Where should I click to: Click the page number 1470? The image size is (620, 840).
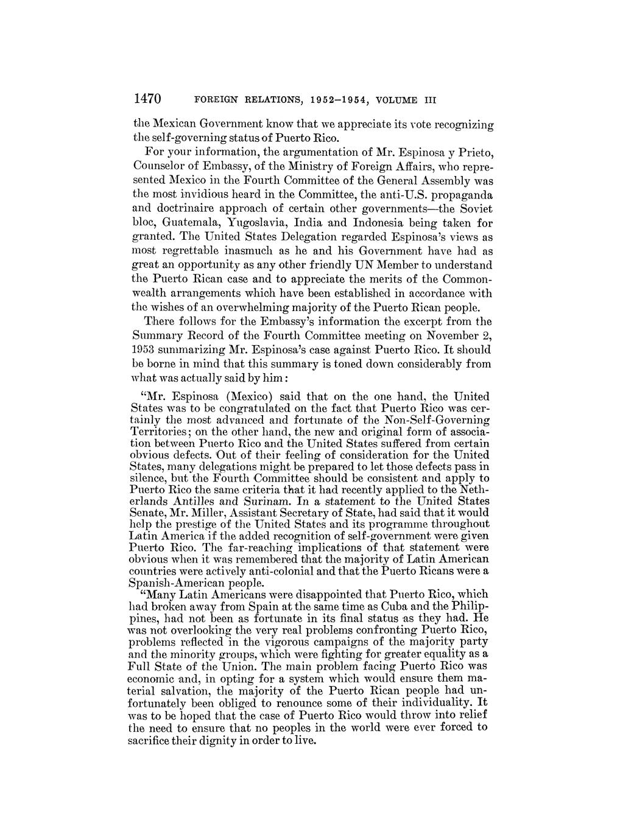[146, 99]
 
